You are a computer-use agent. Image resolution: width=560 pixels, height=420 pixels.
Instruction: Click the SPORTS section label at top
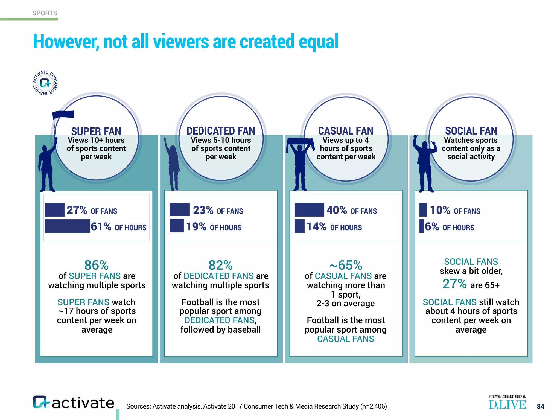[45, 13]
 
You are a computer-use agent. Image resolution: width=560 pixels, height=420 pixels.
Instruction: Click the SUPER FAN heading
[96, 131]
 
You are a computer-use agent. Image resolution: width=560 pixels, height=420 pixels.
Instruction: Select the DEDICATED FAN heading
[221, 131]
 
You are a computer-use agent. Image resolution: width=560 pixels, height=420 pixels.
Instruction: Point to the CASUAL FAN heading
[346, 131]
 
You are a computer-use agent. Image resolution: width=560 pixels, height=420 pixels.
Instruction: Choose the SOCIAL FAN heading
[471, 131]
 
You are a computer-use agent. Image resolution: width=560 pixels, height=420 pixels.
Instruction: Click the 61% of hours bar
[67, 226]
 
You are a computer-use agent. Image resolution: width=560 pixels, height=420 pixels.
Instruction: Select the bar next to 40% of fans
[309, 210]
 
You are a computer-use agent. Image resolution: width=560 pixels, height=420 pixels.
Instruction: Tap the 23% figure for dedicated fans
[203, 210]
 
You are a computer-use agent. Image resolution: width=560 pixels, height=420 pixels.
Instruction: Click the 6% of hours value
[432, 226]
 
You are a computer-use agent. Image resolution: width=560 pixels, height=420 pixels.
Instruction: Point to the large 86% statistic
[96, 265]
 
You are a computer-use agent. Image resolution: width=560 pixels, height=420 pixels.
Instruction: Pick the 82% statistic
[220, 265]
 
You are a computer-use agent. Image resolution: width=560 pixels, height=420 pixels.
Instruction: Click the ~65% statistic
[346, 265]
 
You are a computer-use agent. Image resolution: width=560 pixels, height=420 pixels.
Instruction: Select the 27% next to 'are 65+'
[454, 284]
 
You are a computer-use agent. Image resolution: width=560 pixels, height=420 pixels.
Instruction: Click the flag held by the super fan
[63, 115]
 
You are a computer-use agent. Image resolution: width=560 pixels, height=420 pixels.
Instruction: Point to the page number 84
[540, 406]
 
